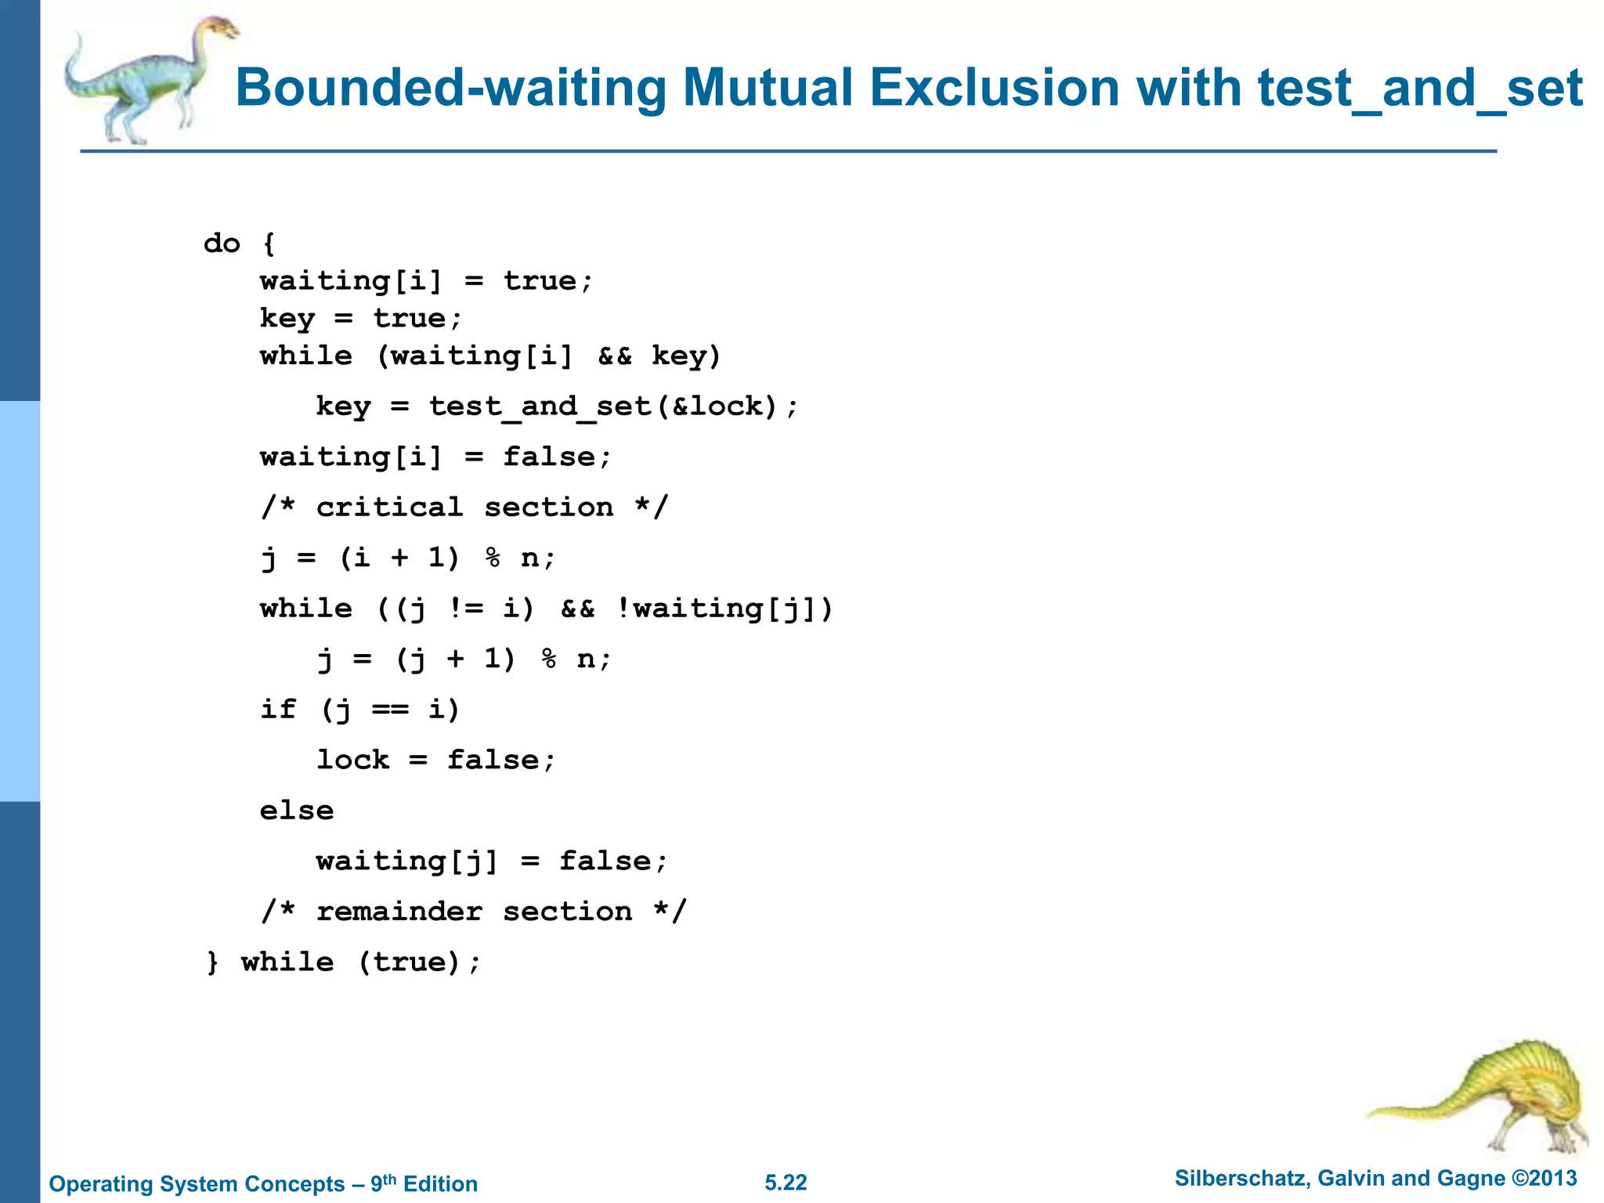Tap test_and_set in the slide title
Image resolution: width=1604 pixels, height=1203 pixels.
coord(1420,88)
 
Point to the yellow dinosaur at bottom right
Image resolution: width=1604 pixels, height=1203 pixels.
coord(1488,1096)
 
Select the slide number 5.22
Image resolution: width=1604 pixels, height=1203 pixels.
coord(786,1183)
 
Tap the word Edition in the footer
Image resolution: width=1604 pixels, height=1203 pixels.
coord(440,1183)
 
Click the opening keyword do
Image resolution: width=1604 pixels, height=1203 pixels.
coord(222,244)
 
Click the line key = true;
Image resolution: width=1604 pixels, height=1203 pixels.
coord(361,319)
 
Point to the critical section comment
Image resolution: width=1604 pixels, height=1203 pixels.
coord(464,508)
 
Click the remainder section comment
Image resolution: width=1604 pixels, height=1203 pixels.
coord(474,912)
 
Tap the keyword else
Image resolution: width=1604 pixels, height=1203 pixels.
coord(297,811)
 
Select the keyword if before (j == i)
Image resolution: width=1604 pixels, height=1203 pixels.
coord(278,710)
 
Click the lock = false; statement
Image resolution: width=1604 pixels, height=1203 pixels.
coord(435,760)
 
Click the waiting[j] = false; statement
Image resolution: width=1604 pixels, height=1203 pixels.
coord(492,862)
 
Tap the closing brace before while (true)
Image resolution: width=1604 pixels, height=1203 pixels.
coord(212,963)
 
